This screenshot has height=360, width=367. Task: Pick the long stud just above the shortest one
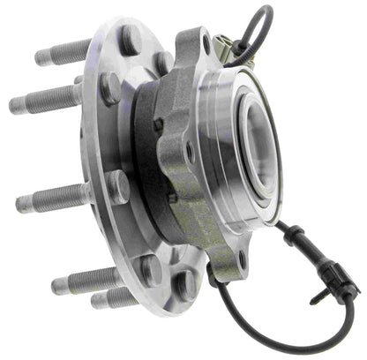84,280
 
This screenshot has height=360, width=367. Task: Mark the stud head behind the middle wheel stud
117,186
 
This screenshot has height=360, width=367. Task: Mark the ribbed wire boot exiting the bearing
294,233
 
